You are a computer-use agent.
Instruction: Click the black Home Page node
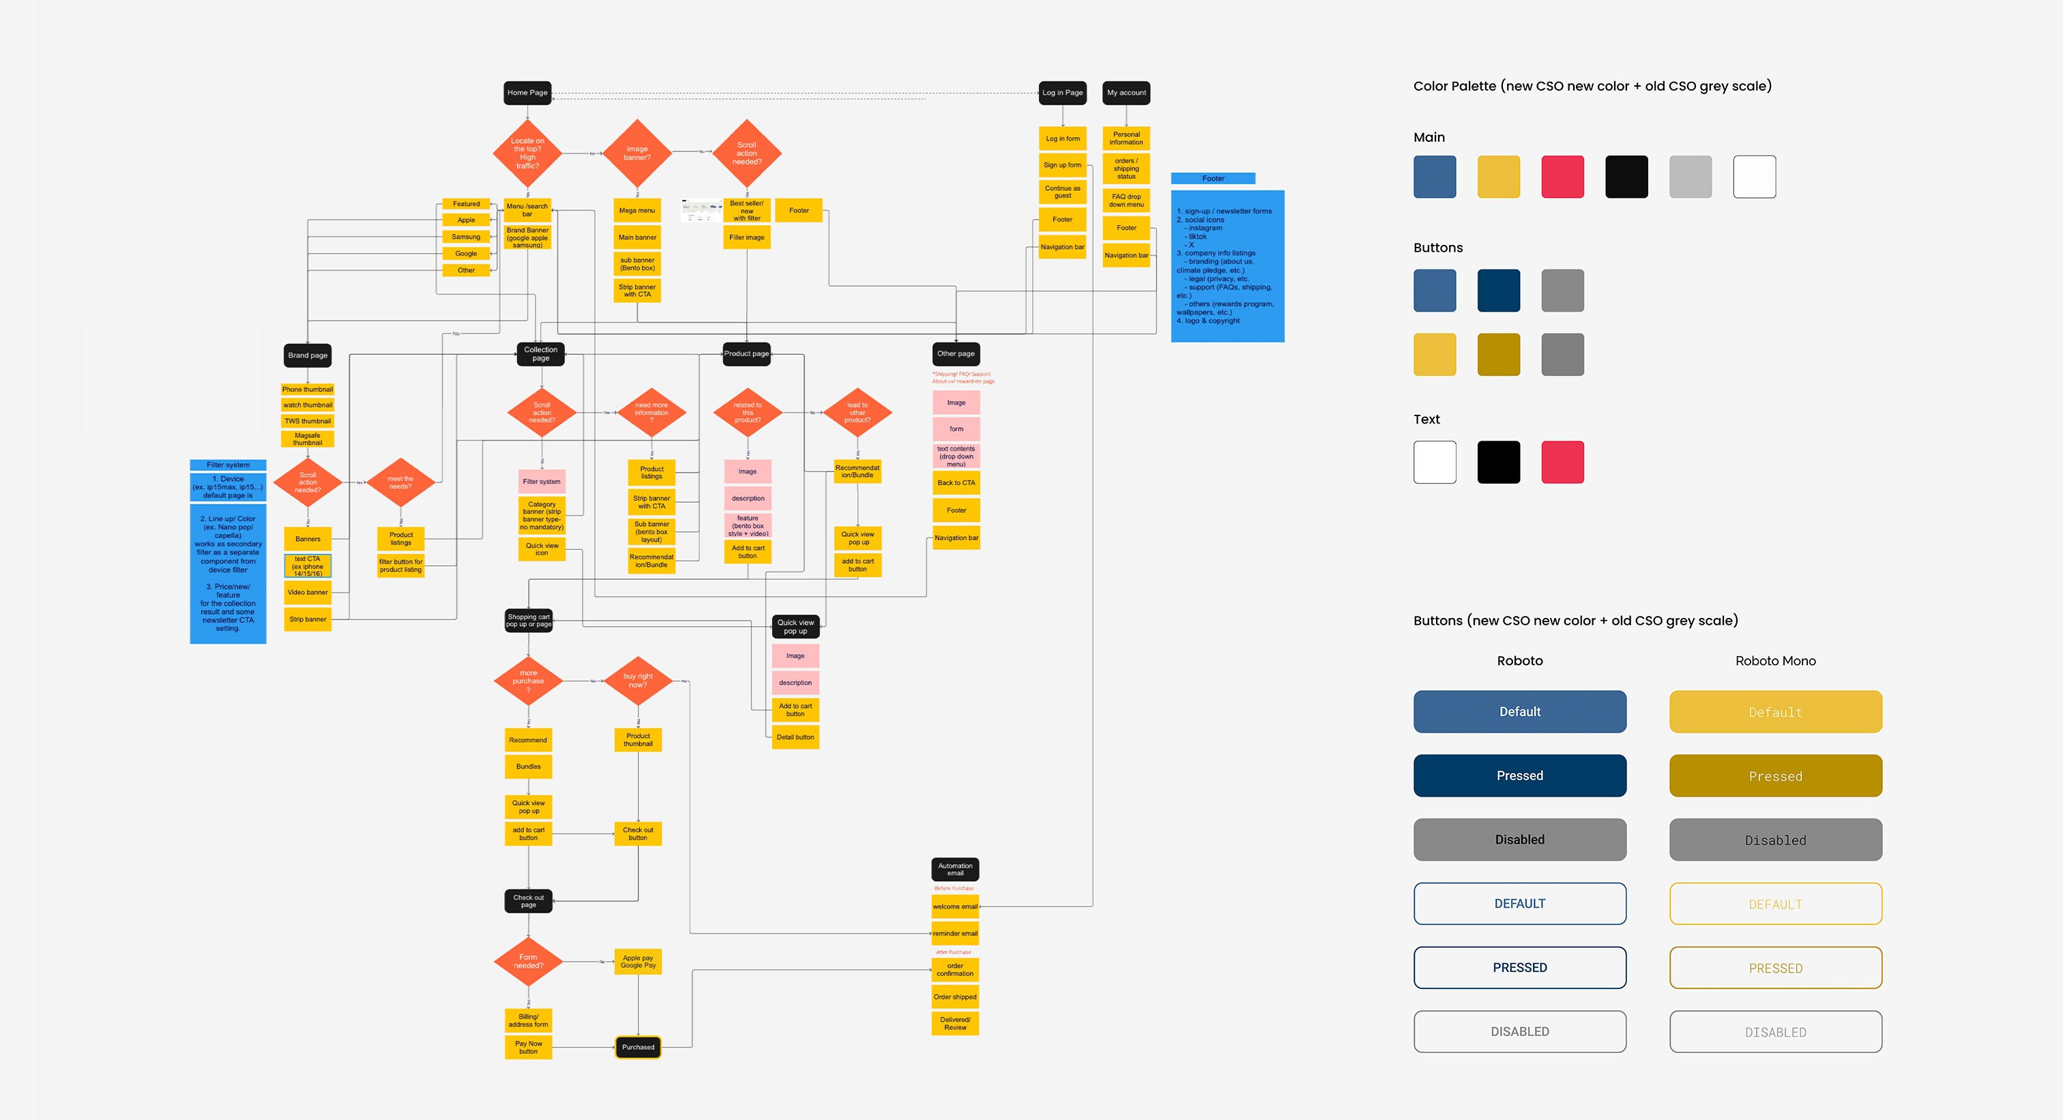527,93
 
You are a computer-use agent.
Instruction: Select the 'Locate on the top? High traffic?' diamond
527,153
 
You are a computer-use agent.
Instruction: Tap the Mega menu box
637,211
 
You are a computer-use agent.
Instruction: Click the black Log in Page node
1062,93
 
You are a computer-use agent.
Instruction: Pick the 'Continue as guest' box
1062,192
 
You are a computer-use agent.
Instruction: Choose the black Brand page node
308,355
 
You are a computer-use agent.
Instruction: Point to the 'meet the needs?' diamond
400,483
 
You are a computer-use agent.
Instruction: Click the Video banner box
308,593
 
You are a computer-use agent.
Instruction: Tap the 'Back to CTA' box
956,483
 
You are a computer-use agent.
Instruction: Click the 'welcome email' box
954,907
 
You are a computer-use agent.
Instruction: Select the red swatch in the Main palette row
1562,177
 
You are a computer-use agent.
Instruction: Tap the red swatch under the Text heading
1562,462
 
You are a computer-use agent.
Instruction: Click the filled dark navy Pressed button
1519,776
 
